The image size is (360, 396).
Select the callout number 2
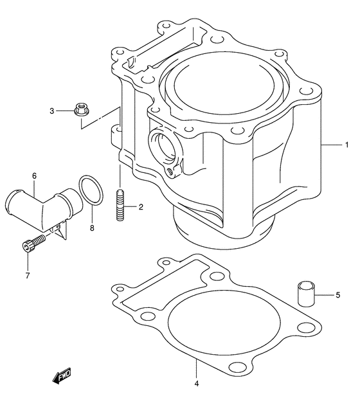pos(141,206)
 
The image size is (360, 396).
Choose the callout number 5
pos(337,295)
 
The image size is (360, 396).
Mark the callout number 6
pos(33,175)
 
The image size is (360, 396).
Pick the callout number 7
pos(28,276)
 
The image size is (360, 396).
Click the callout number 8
pos(92,228)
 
